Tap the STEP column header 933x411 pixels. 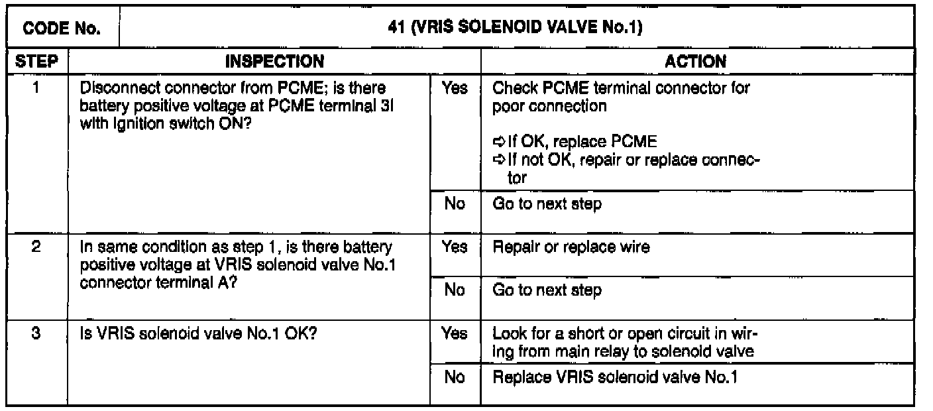coord(36,62)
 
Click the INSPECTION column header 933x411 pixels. coord(275,62)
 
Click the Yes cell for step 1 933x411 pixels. coord(455,88)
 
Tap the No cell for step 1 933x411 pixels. coord(455,204)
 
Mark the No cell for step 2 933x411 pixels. coord(455,290)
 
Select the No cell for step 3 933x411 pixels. coord(455,379)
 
